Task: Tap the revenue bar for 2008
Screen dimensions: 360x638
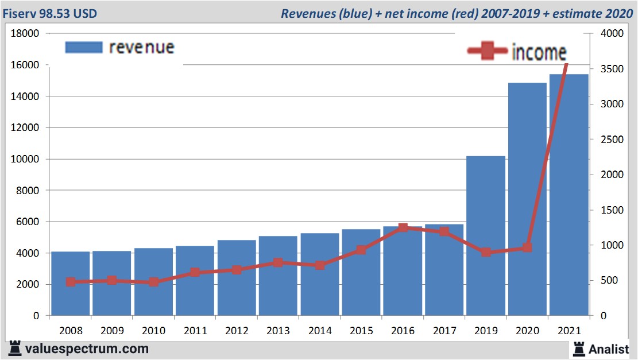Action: (71, 284)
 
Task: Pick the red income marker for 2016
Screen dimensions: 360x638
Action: (403, 228)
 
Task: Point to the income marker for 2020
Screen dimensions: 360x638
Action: (527, 248)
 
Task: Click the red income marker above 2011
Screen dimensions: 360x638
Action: (195, 273)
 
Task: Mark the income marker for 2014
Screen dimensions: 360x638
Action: (320, 265)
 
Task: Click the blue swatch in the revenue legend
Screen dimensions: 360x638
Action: (84, 47)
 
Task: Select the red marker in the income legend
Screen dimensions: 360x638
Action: (488, 52)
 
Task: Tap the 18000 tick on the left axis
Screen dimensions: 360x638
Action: (25, 33)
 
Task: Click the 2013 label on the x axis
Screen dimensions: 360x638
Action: (278, 331)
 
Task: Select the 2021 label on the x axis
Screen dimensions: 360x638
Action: (569, 331)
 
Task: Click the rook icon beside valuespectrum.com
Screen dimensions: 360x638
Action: (15, 349)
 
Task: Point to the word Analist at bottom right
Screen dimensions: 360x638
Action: (608, 349)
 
